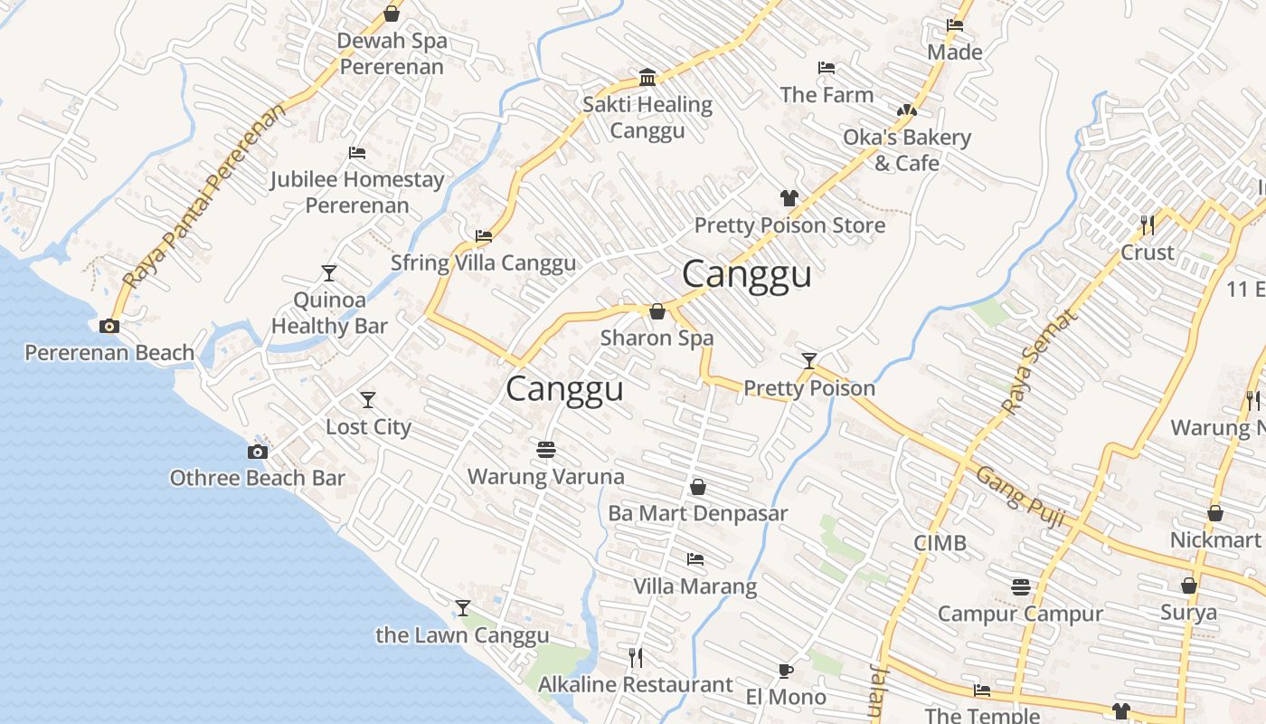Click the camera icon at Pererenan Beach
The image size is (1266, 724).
pos(109,327)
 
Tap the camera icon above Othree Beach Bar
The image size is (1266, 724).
pos(258,452)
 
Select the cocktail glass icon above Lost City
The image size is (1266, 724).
pos(367,400)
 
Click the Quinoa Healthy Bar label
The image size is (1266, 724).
pos(329,313)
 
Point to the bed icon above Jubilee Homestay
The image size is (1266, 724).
pos(357,153)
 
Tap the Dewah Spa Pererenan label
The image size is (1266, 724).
pos(392,53)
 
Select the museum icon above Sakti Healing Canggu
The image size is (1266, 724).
pos(647,78)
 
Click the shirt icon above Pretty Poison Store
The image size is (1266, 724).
pos(789,198)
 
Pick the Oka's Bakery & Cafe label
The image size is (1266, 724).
pos(907,150)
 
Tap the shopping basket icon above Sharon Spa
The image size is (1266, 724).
pos(657,311)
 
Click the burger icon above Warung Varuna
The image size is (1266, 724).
pos(545,449)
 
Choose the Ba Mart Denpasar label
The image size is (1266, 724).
pos(697,513)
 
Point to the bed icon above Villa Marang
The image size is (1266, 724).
pos(694,559)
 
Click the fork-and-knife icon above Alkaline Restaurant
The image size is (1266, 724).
pos(636,657)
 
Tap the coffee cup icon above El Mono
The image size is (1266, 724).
pos(785,671)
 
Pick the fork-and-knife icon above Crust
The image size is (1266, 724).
pos(1148,224)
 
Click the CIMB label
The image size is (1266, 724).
pos(940,543)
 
